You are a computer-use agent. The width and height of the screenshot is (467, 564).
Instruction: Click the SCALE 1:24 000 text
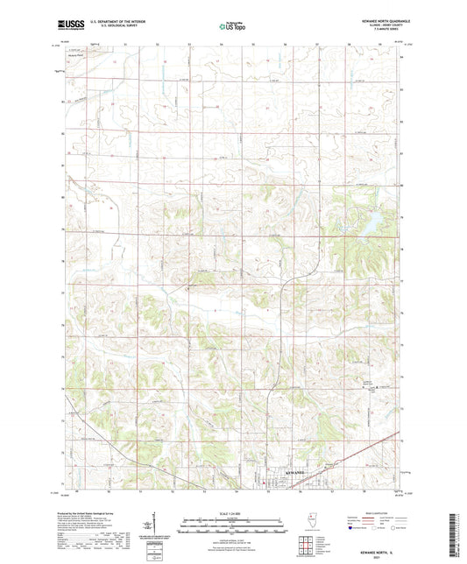coord(233,513)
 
